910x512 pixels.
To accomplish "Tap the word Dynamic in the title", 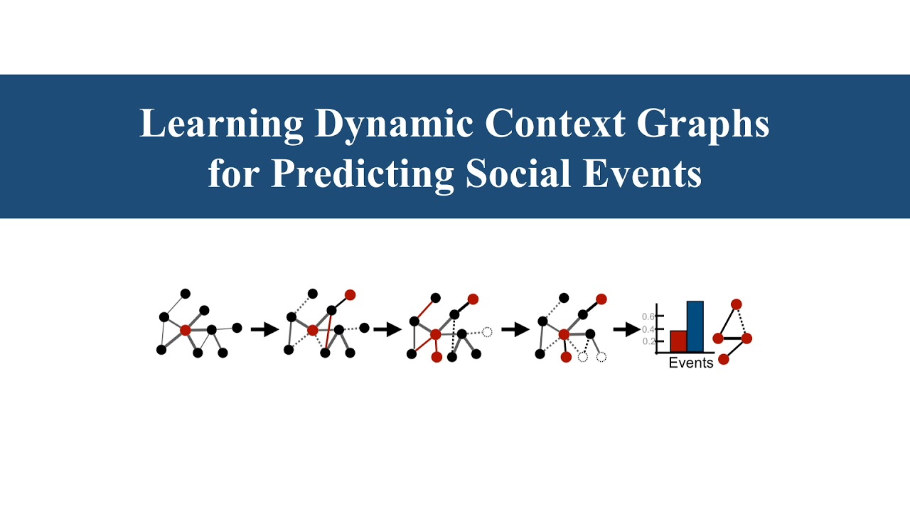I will (x=394, y=124).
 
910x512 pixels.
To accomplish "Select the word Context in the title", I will (x=555, y=124).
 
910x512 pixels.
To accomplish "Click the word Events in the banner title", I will (x=642, y=174).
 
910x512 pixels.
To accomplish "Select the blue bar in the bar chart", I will (x=695, y=326).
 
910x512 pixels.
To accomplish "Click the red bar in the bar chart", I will (x=678, y=341).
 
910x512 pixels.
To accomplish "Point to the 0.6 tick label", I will (x=648, y=316).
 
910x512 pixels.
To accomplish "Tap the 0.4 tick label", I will (x=648, y=329).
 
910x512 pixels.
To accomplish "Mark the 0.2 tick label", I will (x=648, y=341).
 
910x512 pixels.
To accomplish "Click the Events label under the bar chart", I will (x=690, y=363).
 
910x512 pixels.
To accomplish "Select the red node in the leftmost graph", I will (x=186, y=330).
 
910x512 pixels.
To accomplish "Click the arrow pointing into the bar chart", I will (x=626, y=329).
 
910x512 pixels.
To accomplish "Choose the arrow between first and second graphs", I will (x=264, y=329).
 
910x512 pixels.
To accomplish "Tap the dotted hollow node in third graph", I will (x=487, y=331).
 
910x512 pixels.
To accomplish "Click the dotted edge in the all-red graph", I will (x=742, y=321).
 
